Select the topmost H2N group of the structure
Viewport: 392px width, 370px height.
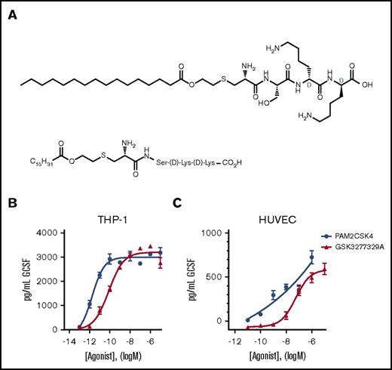tap(272, 29)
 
